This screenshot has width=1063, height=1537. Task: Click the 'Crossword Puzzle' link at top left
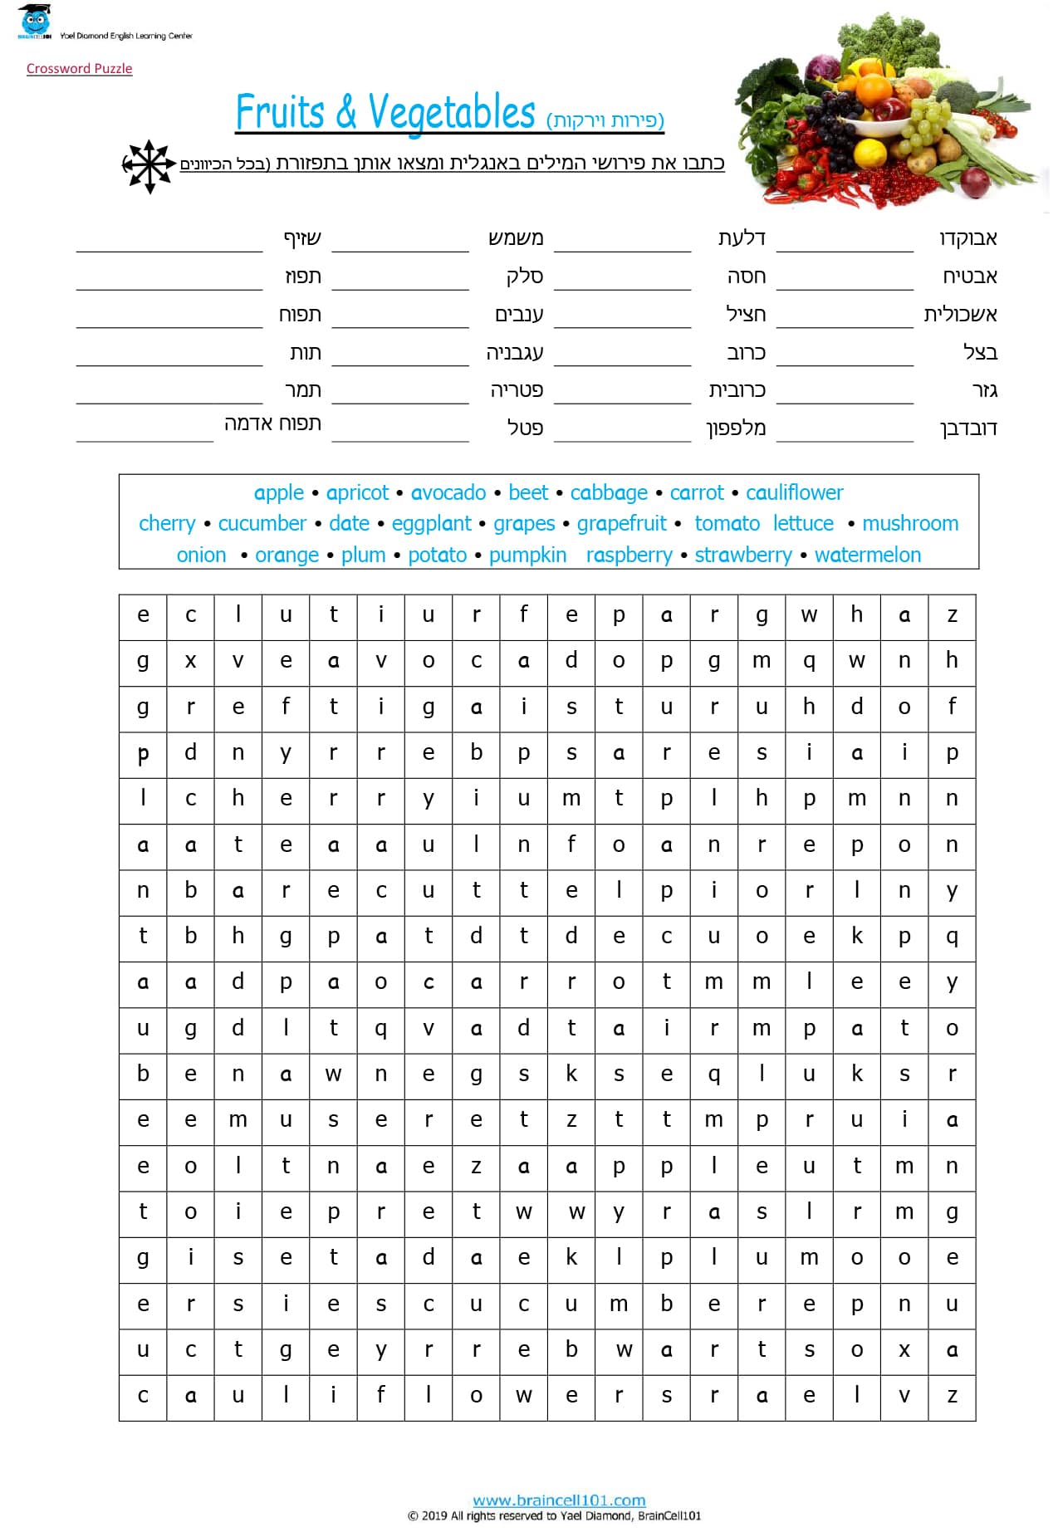(x=79, y=69)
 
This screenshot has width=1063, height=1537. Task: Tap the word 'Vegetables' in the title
(x=452, y=113)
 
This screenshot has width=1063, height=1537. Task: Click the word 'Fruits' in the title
(x=280, y=113)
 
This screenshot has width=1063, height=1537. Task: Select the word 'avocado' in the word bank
(x=448, y=493)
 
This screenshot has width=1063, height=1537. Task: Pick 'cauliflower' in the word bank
(x=794, y=493)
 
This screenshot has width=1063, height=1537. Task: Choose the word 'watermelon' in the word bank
(x=867, y=555)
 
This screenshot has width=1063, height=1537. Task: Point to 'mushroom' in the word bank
(x=909, y=524)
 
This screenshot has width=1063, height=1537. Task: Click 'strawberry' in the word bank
(x=742, y=555)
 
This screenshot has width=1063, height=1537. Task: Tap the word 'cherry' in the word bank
(x=167, y=524)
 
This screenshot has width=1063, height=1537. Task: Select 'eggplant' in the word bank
(x=431, y=524)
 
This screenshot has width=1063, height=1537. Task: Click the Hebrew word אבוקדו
(x=967, y=239)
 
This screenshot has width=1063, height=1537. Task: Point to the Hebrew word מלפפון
(x=736, y=428)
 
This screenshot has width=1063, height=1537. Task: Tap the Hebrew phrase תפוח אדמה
(x=272, y=423)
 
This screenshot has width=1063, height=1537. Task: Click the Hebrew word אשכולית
(x=960, y=315)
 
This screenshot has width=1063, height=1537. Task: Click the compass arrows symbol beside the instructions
(x=148, y=166)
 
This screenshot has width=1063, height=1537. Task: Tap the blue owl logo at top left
(x=34, y=22)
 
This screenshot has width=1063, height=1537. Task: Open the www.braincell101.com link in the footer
(x=559, y=1500)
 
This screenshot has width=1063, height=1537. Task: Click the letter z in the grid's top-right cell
(x=952, y=616)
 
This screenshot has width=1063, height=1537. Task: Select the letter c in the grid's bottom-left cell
(x=143, y=1396)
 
